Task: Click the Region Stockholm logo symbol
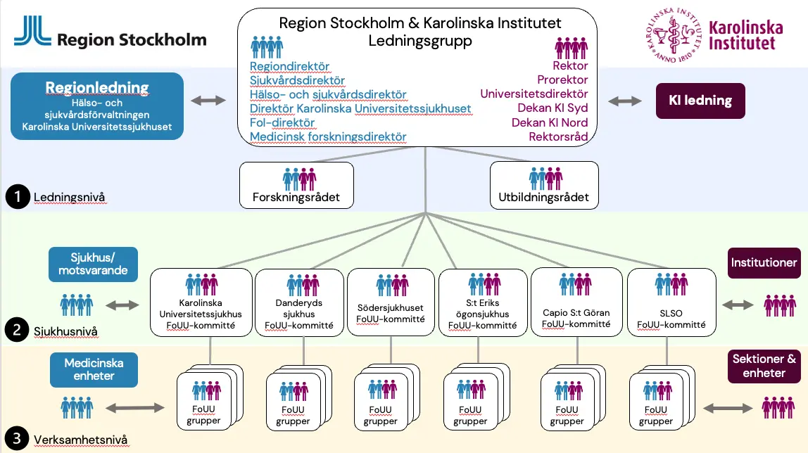[x=32, y=31]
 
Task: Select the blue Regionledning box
[x=98, y=107]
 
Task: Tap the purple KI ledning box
[x=700, y=101]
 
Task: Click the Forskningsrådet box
[x=296, y=186]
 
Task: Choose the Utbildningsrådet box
[x=544, y=186]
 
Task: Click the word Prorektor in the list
[x=562, y=80]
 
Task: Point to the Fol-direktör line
[x=282, y=122]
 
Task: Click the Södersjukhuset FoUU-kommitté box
[x=390, y=302]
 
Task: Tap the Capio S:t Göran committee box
[x=576, y=302]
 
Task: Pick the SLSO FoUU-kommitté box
[x=671, y=302]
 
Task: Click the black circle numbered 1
[x=15, y=197]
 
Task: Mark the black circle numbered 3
[x=15, y=440]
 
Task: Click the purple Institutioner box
[x=764, y=262]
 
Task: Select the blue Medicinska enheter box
[x=94, y=369]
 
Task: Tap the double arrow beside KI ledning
[x=625, y=101]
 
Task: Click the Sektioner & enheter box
[x=764, y=366]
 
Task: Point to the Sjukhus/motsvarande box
[x=94, y=264]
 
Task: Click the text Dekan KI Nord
[x=550, y=122]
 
